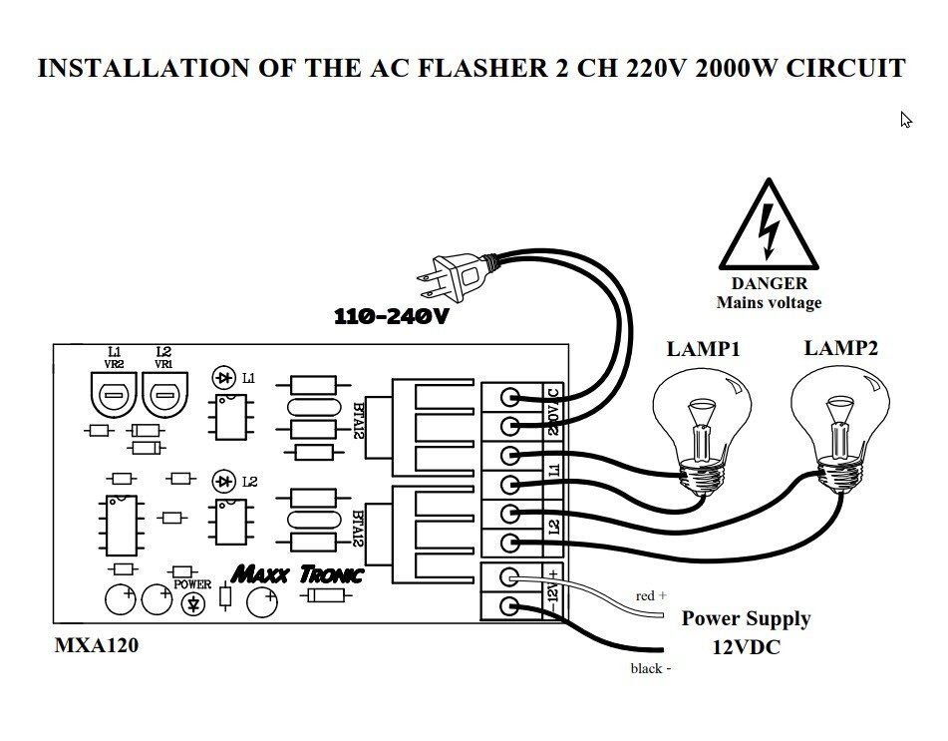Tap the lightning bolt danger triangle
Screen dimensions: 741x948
(x=768, y=230)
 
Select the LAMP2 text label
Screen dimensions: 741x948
(x=841, y=348)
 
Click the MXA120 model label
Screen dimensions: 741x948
(x=96, y=645)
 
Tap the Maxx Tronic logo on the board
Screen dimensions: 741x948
(x=297, y=574)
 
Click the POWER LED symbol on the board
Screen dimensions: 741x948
(x=192, y=602)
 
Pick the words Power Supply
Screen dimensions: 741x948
(x=746, y=618)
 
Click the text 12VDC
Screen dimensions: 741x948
(x=746, y=646)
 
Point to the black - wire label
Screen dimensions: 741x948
(x=650, y=668)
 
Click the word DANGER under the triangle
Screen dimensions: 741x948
(x=769, y=284)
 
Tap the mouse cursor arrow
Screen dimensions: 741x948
(x=906, y=120)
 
